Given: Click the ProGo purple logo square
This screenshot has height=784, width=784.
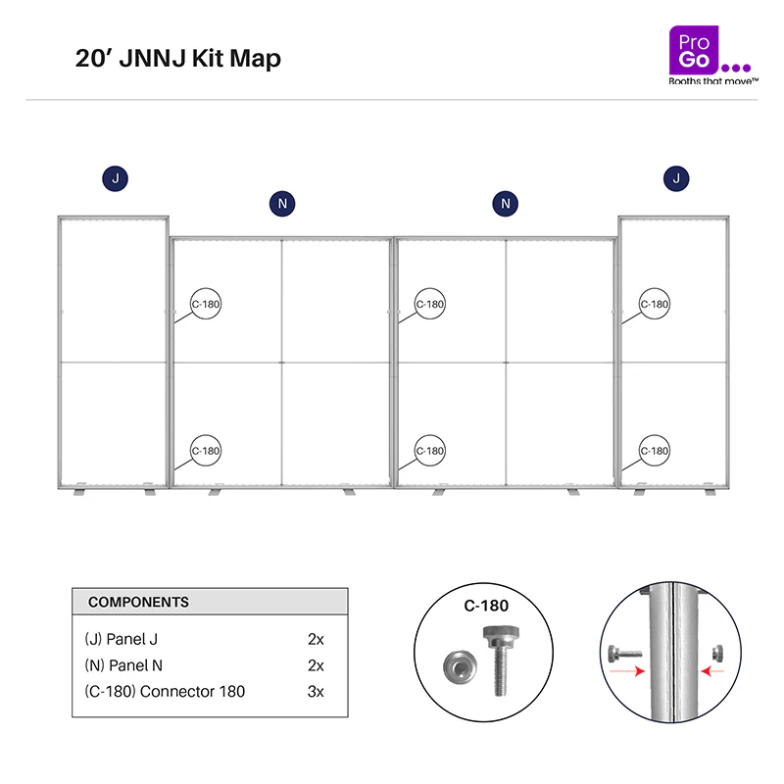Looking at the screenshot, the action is click(x=694, y=50).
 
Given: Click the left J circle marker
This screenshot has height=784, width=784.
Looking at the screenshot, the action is click(x=115, y=178).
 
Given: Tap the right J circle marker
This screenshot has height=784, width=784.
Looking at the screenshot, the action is click(x=676, y=178).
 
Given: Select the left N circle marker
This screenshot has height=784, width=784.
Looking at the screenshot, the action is click(x=282, y=204).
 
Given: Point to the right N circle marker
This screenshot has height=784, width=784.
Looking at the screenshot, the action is click(x=505, y=204).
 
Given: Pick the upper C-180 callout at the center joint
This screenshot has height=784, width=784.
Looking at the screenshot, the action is click(x=429, y=304).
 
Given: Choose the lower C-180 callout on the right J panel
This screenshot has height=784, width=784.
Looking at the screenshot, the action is click(x=654, y=451).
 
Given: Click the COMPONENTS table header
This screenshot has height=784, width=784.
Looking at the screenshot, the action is click(x=210, y=602).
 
